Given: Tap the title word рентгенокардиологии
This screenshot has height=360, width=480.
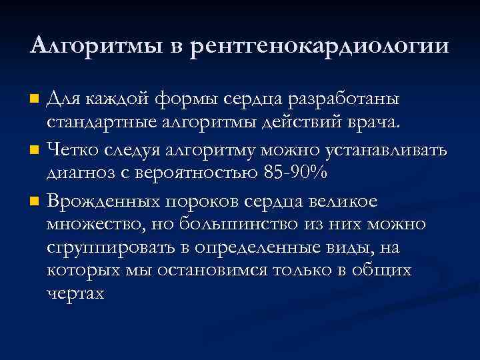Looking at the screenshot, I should tap(319, 47).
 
